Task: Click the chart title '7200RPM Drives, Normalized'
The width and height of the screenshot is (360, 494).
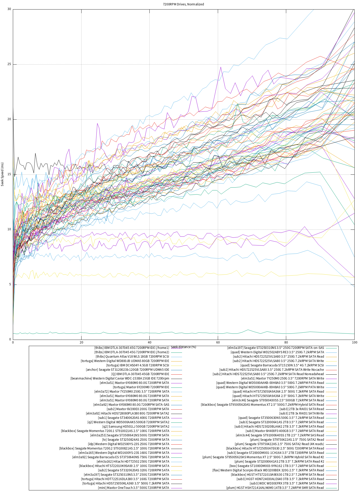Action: point(183,4)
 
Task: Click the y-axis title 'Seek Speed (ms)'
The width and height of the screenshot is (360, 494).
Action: point(3,174)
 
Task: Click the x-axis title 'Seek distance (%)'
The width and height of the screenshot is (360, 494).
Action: point(183,347)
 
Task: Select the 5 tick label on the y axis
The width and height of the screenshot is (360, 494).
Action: point(10,284)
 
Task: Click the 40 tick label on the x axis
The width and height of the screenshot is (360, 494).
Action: point(150,342)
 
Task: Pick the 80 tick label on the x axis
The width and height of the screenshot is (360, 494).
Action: point(286,342)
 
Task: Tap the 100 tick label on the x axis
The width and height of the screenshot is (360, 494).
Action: point(354,342)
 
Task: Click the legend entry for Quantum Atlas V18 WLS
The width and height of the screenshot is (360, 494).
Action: point(132,357)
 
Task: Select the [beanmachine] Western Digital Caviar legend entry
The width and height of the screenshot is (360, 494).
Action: point(120,378)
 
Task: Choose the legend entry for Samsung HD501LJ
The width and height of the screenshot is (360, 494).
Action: point(136,427)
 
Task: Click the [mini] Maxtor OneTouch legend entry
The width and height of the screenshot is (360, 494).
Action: point(133,488)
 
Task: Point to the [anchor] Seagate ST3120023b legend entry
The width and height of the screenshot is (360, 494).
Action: point(128,370)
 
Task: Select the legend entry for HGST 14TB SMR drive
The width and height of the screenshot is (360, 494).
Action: point(275,488)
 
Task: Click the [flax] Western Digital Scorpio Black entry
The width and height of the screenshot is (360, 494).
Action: point(268,470)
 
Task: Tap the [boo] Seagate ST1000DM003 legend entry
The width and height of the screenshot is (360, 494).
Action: point(276,466)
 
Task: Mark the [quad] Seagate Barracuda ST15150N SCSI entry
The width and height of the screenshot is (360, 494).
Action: point(282,365)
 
